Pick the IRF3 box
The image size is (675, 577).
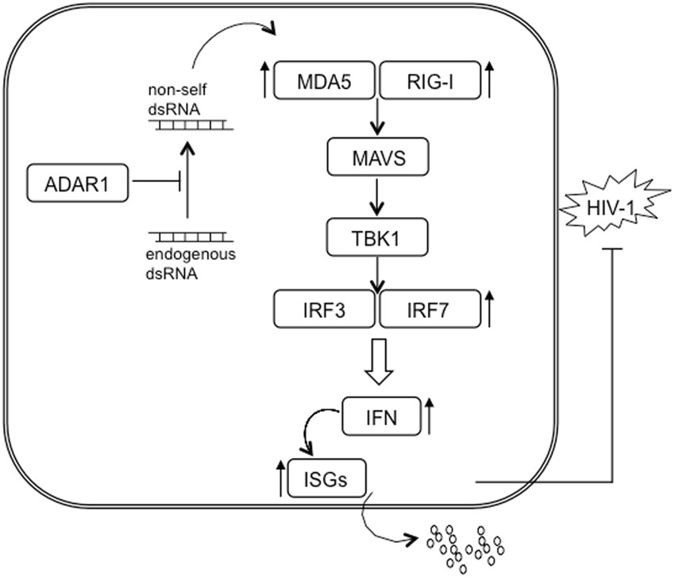(324, 309)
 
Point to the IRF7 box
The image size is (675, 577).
(430, 309)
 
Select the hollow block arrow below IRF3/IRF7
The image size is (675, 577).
(378, 359)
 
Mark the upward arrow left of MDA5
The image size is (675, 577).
(263, 81)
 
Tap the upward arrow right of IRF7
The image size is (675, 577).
(492, 309)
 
